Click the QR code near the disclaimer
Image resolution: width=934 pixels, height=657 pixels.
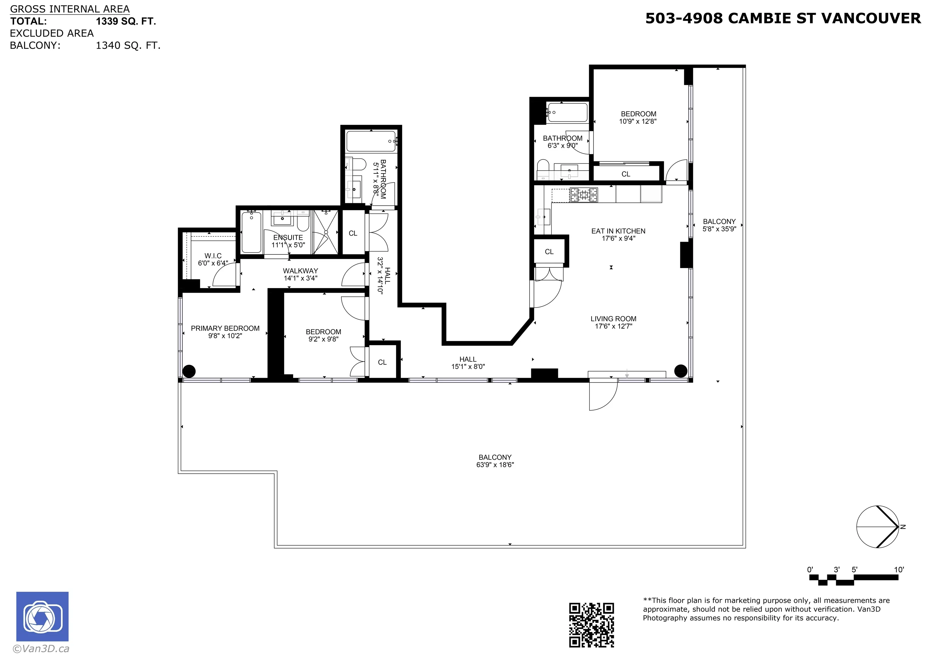(x=591, y=625)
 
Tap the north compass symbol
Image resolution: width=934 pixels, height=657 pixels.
(x=878, y=527)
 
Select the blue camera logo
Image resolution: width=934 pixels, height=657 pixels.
(x=42, y=616)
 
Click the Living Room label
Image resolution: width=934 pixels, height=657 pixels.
(x=614, y=319)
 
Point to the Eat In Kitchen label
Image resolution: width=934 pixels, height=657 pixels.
(x=618, y=231)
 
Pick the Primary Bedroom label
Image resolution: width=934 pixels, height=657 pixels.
(x=225, y=328)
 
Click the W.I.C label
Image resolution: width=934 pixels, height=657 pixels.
(x=213, y=256)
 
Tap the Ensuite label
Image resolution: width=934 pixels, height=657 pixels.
(x=288, y=237)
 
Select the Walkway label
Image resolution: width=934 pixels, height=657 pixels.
(x=301, y=271)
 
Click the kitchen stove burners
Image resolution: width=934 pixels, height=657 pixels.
(x=584, y=195)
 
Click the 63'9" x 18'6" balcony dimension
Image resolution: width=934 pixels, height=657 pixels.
(x=495, y=465)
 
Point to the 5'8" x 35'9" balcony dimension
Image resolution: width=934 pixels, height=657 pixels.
(x=719, y=229)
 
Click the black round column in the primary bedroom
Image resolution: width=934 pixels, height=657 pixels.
(x=189, y=371)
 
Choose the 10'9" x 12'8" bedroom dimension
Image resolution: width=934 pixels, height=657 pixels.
(x=638, y=121)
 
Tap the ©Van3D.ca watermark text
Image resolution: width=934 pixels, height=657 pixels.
(x=41, y=649)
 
